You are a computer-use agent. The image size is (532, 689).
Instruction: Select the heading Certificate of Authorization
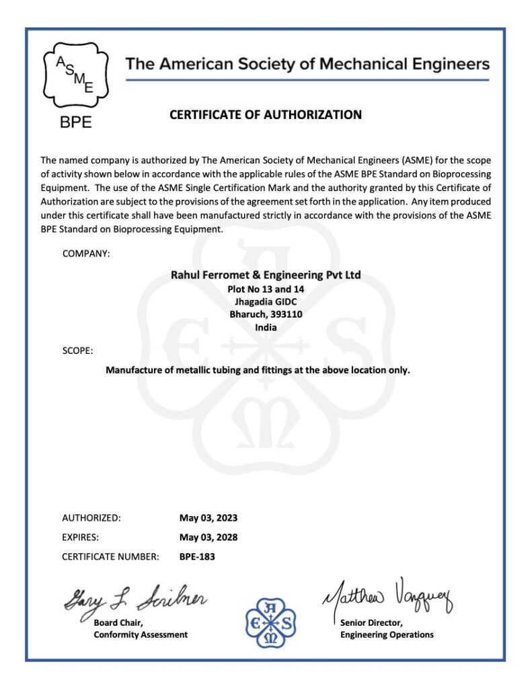(266, 114)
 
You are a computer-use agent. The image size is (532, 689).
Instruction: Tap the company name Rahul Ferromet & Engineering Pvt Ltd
(266, 275)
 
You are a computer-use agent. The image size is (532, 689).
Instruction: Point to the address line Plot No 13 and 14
(266, 289)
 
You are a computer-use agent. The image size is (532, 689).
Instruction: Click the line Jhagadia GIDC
(266, 301)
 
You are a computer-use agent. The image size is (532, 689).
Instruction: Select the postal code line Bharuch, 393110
(266, 314)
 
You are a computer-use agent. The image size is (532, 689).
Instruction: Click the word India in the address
(266, 327)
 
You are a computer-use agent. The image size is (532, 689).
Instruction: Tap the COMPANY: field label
(86, 254)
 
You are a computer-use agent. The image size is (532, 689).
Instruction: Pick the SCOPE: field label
(77, 351)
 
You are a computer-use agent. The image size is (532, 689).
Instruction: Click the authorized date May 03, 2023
(208, 518)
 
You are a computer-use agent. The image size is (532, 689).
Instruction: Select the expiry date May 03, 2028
(208, 537)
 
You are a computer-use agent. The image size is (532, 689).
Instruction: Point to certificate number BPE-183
(197, 556)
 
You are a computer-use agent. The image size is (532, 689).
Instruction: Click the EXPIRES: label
(81, 537)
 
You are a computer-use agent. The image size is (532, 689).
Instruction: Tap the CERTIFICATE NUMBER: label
(110, 556)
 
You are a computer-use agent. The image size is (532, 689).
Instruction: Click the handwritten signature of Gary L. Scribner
(135, 596)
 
